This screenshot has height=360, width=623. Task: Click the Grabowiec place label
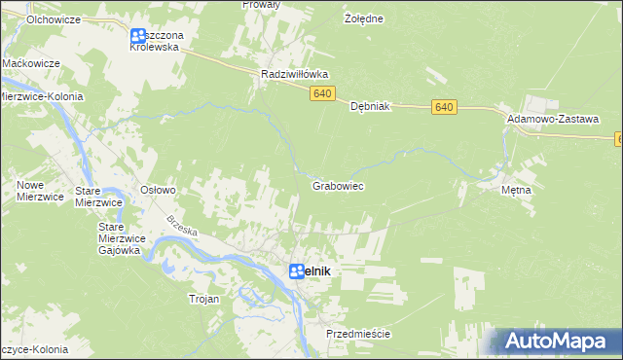pos(338,185)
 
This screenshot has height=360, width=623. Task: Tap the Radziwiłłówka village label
pos(296,73)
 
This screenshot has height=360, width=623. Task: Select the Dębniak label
pos(370,107)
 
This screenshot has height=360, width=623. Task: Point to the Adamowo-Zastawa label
pos(552,117)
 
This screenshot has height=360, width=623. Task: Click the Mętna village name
pos(516,190)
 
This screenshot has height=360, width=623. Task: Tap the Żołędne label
pos(364,18)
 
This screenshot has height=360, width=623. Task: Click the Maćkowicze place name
pos(31,62)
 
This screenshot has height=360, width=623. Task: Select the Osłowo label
pos(158,190)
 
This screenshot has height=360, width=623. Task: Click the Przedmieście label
pos(358,334)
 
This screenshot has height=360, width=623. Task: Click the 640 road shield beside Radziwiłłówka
pos(324,93)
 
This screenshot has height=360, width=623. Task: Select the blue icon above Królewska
pos(138,38)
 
